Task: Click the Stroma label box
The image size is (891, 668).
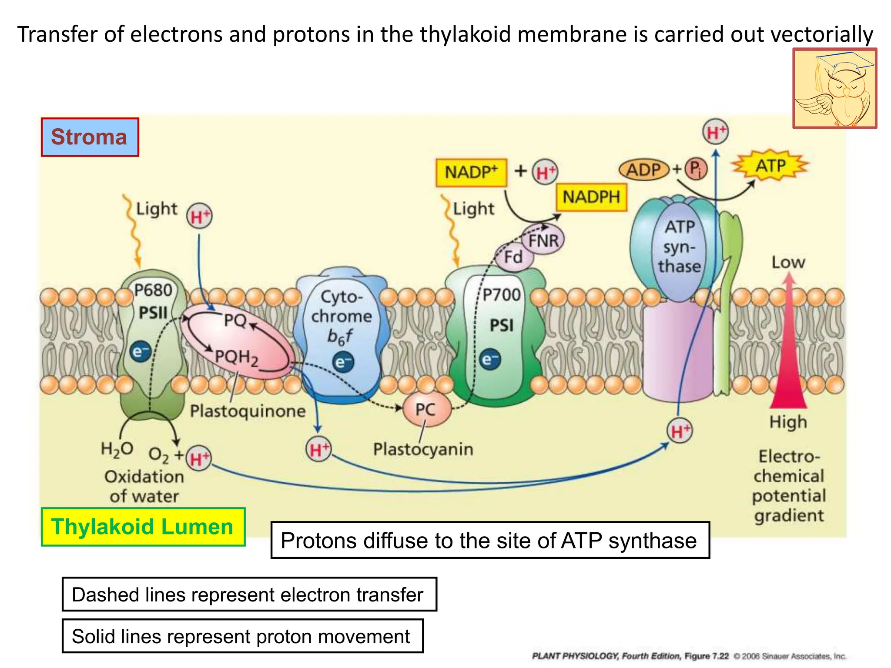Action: (x=90, y=137)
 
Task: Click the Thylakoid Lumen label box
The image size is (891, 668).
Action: (x=143, y=527)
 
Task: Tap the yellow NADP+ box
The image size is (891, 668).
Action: (x=471, y=173)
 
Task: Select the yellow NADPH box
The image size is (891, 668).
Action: (x=591, y=197)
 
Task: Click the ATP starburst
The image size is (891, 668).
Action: (x=770, y=166)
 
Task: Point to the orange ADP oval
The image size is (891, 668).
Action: (x=643, y=170)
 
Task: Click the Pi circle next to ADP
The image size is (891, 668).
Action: (x=696, y=169)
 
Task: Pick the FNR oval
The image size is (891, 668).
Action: (x=543, y=240)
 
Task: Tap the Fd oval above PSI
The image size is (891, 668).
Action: (x=513, y=257)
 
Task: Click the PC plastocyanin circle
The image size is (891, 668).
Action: (x=425, y=409)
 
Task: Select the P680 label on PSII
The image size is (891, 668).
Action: (x=153, y=290)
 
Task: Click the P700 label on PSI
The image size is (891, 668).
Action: (x=502, y=295)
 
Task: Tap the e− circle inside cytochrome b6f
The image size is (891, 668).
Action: (x=343, y=362)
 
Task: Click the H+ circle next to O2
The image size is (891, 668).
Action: (x=199, y=458)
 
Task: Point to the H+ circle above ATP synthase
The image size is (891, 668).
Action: (x=716, y=132)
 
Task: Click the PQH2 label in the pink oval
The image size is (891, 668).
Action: (x=237, y=358)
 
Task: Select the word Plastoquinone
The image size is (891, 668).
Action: (x=248, y=411)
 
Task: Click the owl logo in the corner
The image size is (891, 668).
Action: (x=834, y=89)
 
